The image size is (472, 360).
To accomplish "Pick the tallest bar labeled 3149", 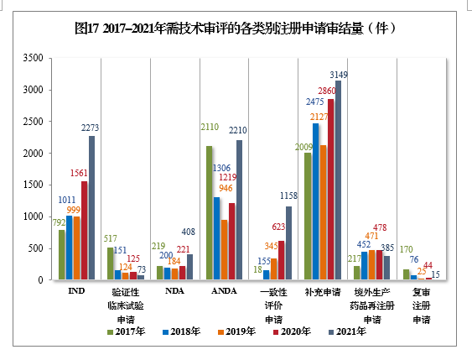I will [x=338, y=180].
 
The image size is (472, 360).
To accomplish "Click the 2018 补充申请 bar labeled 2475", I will [x=315, y=201].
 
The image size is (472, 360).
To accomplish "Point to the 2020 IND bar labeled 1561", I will [x=84, y=230].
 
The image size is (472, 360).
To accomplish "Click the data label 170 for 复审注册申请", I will [x=407, y=249].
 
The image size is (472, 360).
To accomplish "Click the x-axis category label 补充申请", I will [x=323, y=292].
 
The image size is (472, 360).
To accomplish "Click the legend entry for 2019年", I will [x=238, y=331].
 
